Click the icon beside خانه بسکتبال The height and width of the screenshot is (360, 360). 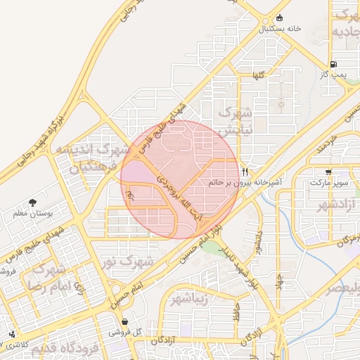tap(280, 18)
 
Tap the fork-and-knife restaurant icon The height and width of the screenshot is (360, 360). tap(245, 172)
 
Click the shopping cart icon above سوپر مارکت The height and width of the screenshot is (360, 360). tap(328, 172)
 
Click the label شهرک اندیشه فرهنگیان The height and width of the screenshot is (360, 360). tap(93, 158)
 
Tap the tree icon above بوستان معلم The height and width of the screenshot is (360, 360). tap(33, 202)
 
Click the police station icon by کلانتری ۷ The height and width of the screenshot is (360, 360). tap(11, 335)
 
